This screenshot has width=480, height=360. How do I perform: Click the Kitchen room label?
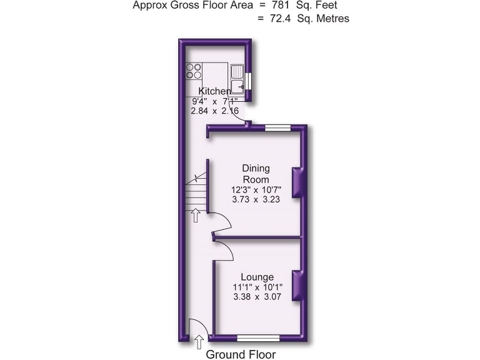point(214,91)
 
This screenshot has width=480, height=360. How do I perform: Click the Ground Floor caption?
point(241,354)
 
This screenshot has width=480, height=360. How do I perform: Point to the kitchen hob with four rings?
point(194,71)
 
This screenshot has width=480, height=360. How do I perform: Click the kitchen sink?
point(237,80)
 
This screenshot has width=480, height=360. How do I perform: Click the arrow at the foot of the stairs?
point(195,216)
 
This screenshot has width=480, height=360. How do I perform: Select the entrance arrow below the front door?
point(199,341)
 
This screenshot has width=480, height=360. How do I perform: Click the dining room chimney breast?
point(299,182)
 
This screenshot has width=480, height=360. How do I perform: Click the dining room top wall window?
point(277,127)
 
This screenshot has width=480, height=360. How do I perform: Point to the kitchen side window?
point(248,81)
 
